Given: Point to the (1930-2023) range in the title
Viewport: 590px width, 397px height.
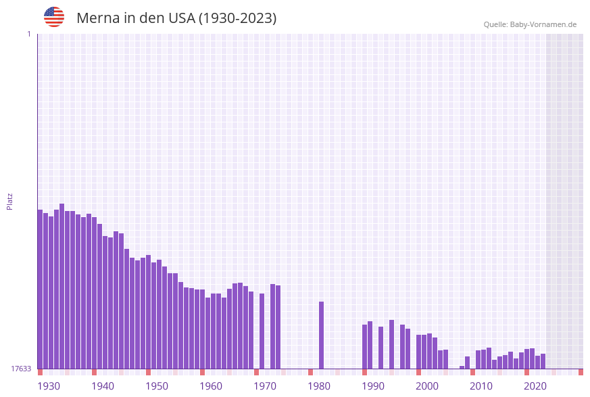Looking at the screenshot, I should (x=237, y=18).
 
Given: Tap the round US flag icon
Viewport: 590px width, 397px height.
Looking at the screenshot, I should (x=54, y=17).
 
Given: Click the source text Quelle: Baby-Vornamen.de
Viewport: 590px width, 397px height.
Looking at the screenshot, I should (x=530, y=24).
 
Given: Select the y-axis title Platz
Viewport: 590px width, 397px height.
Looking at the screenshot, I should (x=10, y=201).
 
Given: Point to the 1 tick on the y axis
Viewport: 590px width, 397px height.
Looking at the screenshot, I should (x=28, y=34).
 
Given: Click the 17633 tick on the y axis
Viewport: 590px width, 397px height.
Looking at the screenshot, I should (x=21, y=369).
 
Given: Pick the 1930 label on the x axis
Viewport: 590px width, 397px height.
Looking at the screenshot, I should (x=49, y=386).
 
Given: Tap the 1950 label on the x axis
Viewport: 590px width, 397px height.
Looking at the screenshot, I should (x=157, y=386).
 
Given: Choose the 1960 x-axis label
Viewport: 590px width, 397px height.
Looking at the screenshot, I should (x=211, y=386).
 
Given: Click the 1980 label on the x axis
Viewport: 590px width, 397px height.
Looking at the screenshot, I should (x=319, y=386).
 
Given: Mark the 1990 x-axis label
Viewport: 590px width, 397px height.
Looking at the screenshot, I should (x=373, y=386).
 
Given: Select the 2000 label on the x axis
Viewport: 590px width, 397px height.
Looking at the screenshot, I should (x=427, y=386).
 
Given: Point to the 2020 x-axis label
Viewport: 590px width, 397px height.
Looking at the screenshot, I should (x=535, y=386).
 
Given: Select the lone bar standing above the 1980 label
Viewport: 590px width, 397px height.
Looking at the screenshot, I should (x=321, y=335).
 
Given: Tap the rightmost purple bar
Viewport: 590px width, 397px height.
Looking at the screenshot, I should (x=543, y=361).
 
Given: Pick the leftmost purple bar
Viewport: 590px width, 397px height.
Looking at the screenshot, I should (x=40, y=289).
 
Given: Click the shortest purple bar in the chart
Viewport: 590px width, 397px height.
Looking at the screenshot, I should (x=462, y=367).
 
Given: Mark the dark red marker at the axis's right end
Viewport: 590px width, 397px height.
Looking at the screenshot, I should (x=581, y=372).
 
